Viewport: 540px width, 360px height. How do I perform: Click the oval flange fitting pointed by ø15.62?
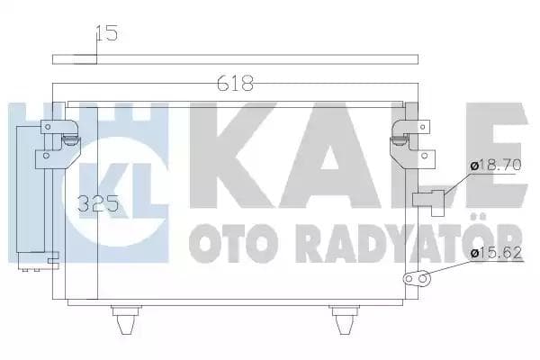pos(415,279)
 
